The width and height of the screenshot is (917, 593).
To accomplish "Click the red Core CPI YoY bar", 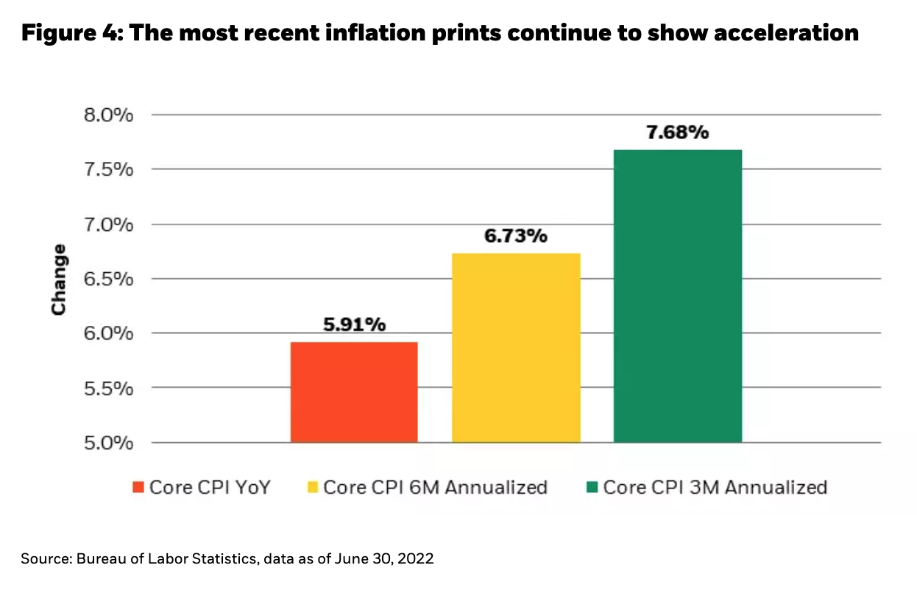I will point(354,392).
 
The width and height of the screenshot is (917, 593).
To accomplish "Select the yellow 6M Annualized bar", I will point(516,347).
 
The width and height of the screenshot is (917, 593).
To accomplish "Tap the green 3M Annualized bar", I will point(677,296).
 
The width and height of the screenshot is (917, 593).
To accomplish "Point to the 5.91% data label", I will point(355,325).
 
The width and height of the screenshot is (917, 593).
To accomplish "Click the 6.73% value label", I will point(516,236).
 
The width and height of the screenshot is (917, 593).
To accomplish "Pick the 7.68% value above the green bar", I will point(677,132).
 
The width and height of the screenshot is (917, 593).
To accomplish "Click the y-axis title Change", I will point(59,280).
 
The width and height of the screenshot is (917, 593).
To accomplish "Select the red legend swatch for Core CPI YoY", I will point(138,487).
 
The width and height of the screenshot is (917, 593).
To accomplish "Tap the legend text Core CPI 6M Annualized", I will point(435,487).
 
